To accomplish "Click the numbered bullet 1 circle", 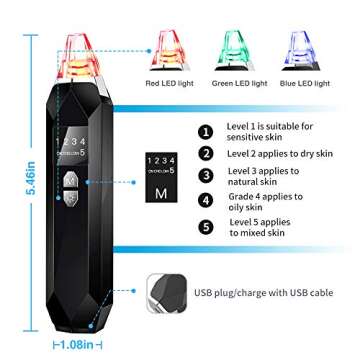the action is [207, 131].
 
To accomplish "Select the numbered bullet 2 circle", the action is [207, 154].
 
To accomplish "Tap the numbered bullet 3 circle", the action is [207, 177].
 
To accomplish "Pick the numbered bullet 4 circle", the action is [207, 201].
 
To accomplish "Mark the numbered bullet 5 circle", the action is [207, 225].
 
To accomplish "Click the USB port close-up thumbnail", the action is [166, 291].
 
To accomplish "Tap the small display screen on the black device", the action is [75, 140].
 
